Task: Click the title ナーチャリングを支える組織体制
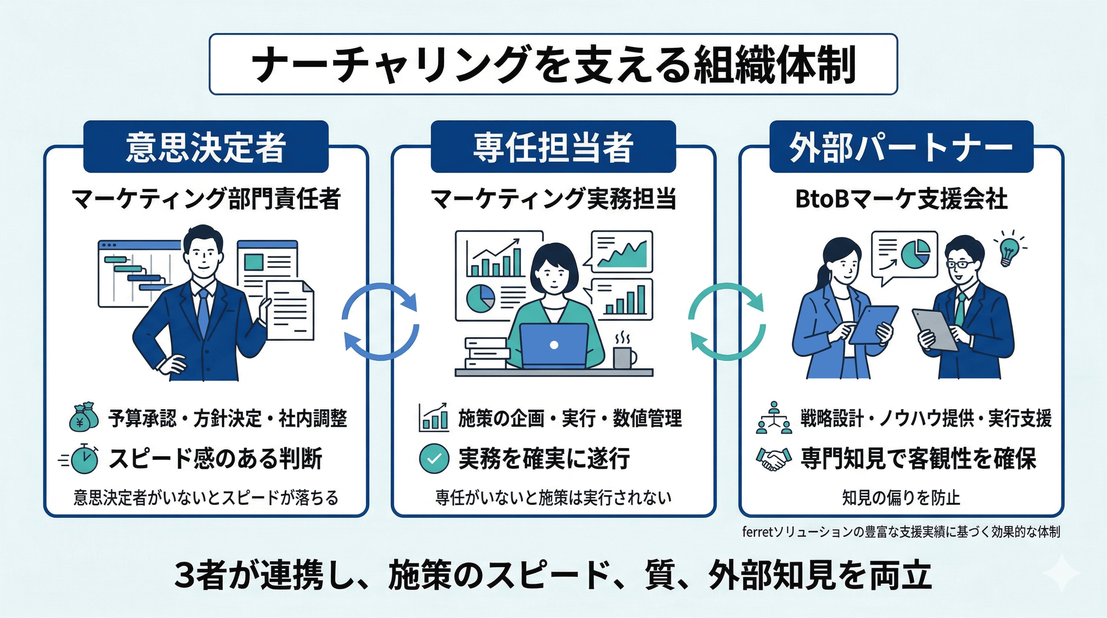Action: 553,64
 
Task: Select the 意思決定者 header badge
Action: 206,147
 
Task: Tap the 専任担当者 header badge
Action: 553,147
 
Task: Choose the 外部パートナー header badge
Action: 901,147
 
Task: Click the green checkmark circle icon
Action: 434,459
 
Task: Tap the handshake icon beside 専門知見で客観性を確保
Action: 774,459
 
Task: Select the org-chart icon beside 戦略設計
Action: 774,418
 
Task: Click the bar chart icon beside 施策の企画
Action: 434,418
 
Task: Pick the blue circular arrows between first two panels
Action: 380,321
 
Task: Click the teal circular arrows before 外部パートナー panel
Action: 727,321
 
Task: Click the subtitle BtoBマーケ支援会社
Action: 901,199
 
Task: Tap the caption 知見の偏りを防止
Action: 901,498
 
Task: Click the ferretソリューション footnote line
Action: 901,532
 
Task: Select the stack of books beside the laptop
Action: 487,353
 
